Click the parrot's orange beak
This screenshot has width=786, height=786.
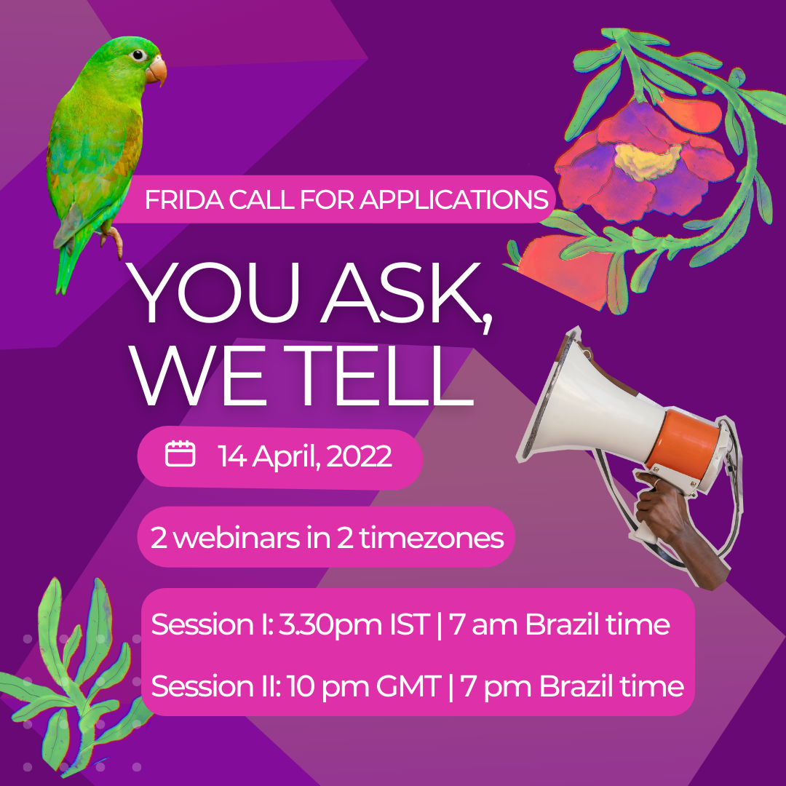point(156,69)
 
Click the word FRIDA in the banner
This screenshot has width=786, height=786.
point(184,199)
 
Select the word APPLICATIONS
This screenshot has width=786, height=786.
point(453,199)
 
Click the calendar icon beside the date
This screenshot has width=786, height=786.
point(180,453)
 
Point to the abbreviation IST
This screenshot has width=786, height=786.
point(410,624)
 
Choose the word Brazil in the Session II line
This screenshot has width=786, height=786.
point(576,686)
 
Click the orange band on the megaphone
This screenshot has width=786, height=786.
point(688,439)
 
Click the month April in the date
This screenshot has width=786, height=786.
point(285,457)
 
